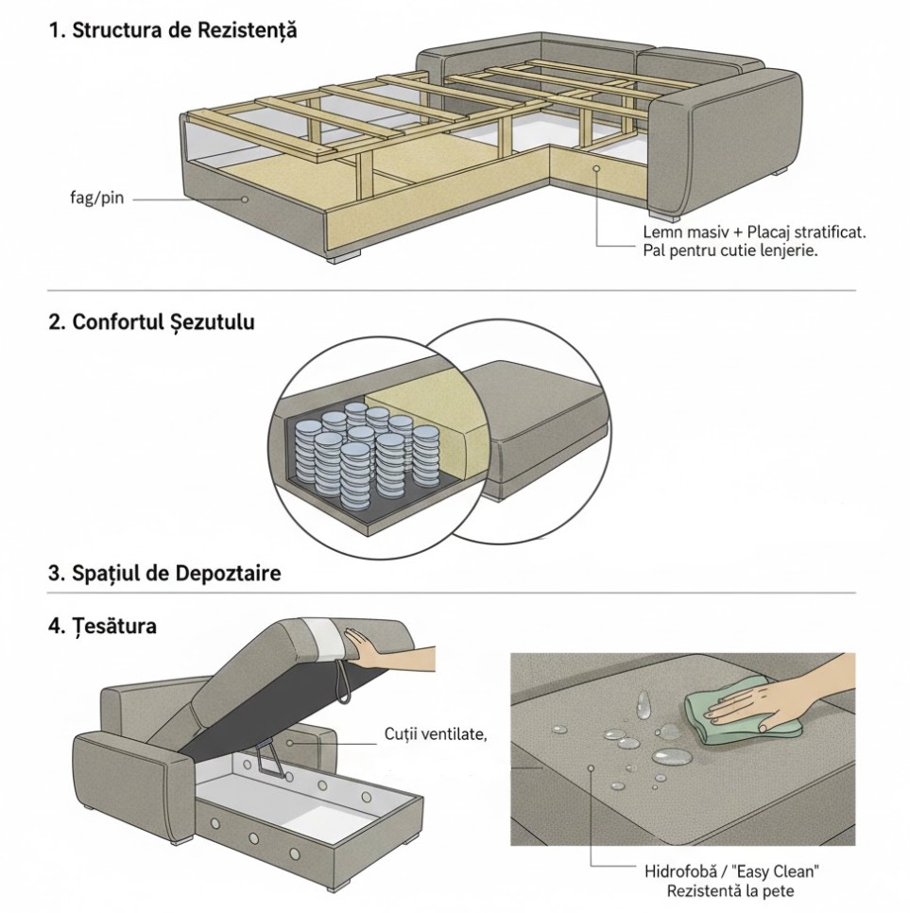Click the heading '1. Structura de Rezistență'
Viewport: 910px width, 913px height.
[x=172, y=30]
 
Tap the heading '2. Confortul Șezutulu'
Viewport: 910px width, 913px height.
[x=151, y=322]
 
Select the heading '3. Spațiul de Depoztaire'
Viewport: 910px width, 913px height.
[x=164, y=574]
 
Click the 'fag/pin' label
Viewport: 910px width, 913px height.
[x=96, y=199]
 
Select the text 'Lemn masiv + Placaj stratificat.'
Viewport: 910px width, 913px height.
[x=754, y=233]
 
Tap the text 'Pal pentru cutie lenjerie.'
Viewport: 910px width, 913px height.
[x=729, y=251]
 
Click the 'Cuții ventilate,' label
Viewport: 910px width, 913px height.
[x=436, y=733]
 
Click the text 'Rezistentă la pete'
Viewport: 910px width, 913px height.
[x=730, y=891]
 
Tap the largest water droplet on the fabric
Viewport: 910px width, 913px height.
[x=671, y=756]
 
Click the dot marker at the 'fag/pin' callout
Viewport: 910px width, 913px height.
[x=244, y=199]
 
